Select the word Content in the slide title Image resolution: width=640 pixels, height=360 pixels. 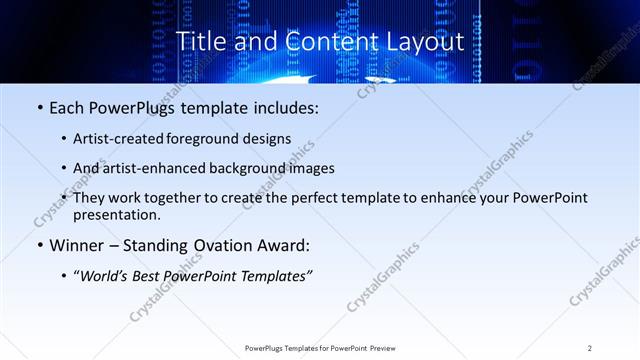coord(323,41)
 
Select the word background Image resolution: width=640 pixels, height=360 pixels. coord(246,168)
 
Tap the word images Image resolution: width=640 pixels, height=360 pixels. coord(311,168)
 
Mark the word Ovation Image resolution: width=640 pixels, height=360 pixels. coord(223,244)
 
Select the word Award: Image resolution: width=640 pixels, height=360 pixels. coord(283,244)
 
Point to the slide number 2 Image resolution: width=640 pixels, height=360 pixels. coord(590,347)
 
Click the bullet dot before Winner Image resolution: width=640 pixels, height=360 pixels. coord(39,244)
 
